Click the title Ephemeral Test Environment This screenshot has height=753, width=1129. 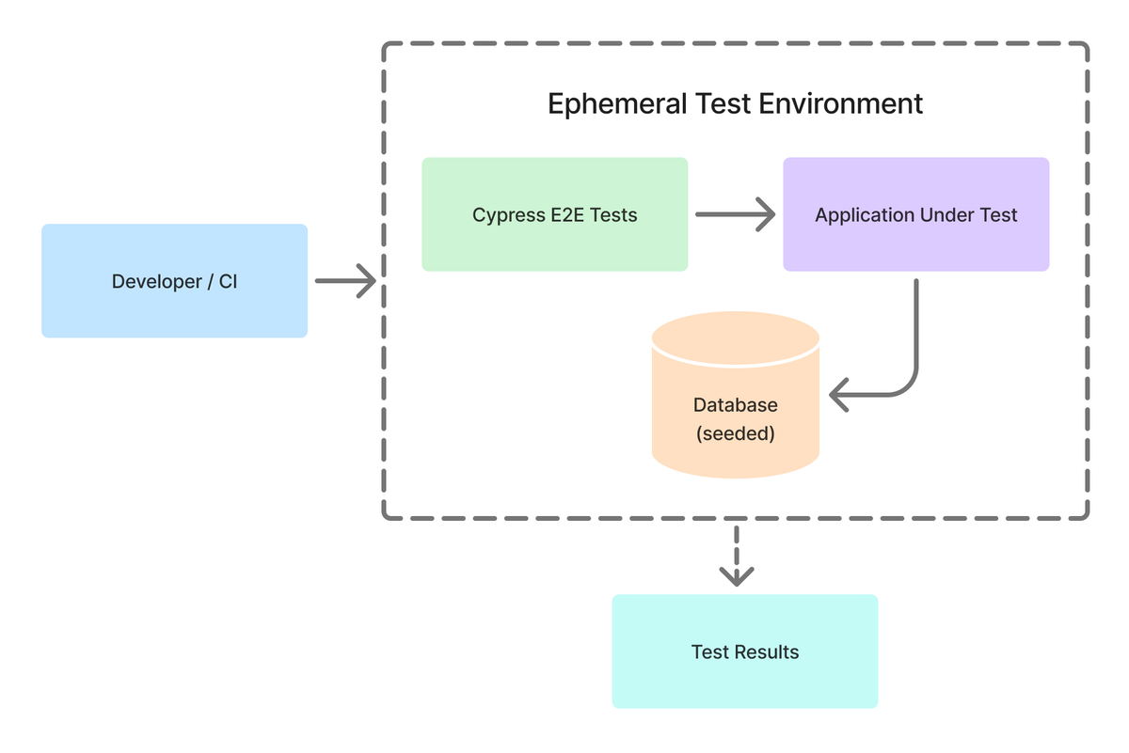point(735,103)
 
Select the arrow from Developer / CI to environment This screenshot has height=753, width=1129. point(345,281)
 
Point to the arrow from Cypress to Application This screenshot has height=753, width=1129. point(735,215)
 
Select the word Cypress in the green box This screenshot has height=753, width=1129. point(509,215)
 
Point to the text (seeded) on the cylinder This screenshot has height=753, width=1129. point(735,435)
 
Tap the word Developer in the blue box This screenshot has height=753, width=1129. point(154,281)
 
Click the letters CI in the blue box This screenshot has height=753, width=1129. point(228,281)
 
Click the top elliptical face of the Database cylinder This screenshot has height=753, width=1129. point(735,336)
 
